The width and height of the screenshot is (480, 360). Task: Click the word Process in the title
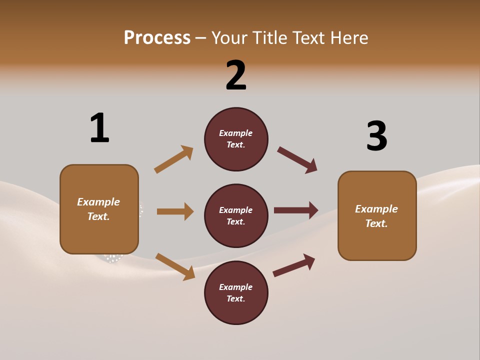point(157,37)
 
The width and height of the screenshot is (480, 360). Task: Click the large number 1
point(99,128)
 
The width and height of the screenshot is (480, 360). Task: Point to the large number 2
point(236,75)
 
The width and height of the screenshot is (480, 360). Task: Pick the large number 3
point(376,136)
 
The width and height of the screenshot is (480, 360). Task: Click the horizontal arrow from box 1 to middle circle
point(175,211)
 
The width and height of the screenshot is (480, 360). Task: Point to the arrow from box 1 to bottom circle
point(175,266)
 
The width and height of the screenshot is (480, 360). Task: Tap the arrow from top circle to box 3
point(297,160)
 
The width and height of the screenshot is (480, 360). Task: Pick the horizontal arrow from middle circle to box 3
point(296,210)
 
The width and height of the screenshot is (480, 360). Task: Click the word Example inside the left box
point(98,202)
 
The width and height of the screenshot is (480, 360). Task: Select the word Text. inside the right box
point(376,223)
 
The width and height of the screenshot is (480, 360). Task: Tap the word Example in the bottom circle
point(236,287)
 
